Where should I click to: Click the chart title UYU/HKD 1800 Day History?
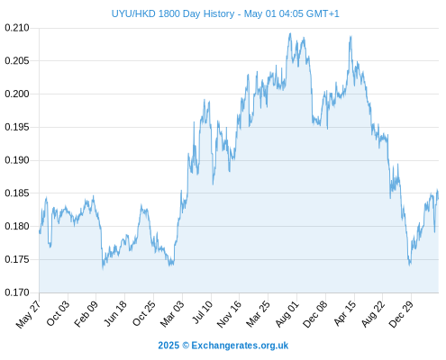coord(173,13)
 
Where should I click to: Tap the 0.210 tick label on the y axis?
coord(17,28)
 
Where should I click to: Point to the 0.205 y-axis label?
coord(17,61)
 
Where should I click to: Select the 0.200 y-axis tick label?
coord(17,94)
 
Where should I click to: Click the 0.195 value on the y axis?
coord(17,127)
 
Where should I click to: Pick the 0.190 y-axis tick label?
coord(17,160)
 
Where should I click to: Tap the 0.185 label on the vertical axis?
coord(17,193)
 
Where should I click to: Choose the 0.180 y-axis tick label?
coord(17,226)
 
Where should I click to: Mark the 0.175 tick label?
coord(17,259)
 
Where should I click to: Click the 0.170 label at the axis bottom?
coord(17,292)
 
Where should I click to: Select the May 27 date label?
coord(29,314)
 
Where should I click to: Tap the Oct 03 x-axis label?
coord(58,313)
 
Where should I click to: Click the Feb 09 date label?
coord(86,314)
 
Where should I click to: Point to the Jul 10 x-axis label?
coord(202,312)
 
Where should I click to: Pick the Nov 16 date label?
coord(229,314)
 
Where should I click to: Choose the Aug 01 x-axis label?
coord(287,314)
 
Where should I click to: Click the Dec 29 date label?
coord(401,314)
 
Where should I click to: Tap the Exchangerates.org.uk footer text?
coord(240,346)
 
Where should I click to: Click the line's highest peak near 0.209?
coord(290,33)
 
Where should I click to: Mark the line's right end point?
coord(438,199)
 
